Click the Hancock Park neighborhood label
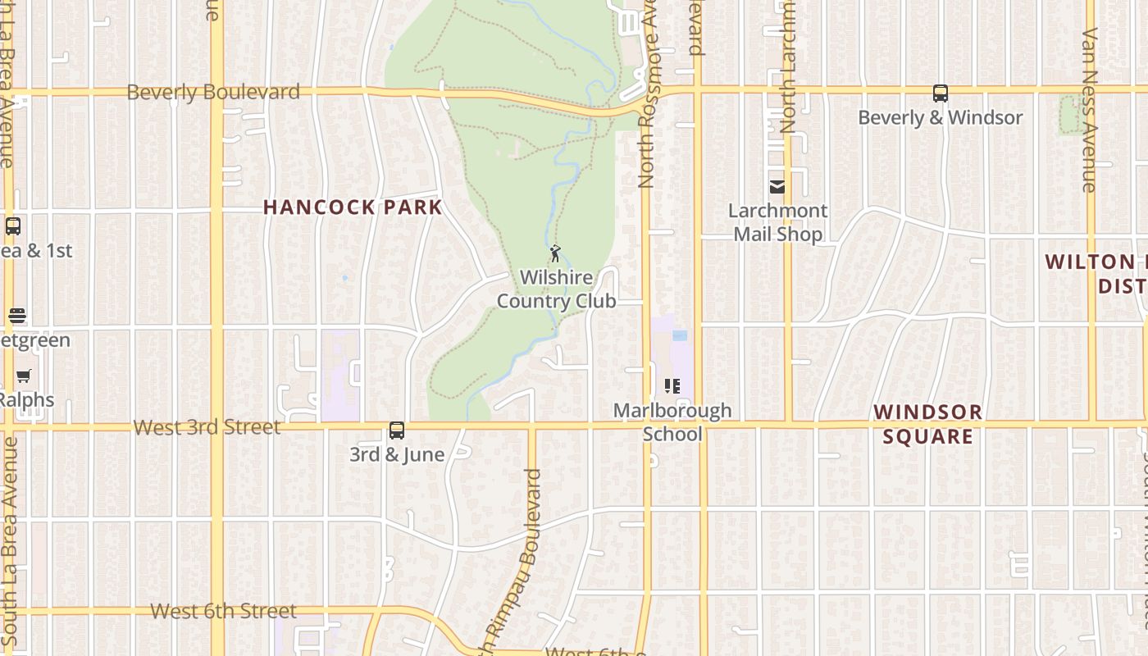(x=353, y=207)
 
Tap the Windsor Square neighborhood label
(x=927, y=424)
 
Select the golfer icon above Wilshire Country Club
(x=555, y=253)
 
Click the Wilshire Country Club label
(x=556, y=289)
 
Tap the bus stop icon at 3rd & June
(x=397, y=430)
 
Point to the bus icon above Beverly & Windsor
(x=941, y=93)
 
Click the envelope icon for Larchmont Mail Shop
(x=777, y=187)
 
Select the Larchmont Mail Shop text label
(x=777, y=222)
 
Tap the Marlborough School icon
(x=672, y=386)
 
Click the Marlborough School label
(x=672, y=421)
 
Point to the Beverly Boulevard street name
(x=213, y=92)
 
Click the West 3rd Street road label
(x=207, y=427)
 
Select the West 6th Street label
(x=224, y=611)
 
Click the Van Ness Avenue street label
(x=1090, y=111)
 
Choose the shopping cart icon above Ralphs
(x=24, y=376)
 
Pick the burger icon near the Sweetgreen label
(x=17, y=316)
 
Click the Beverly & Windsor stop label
(x=941, y=117)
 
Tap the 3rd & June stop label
(x=397, y=454)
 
